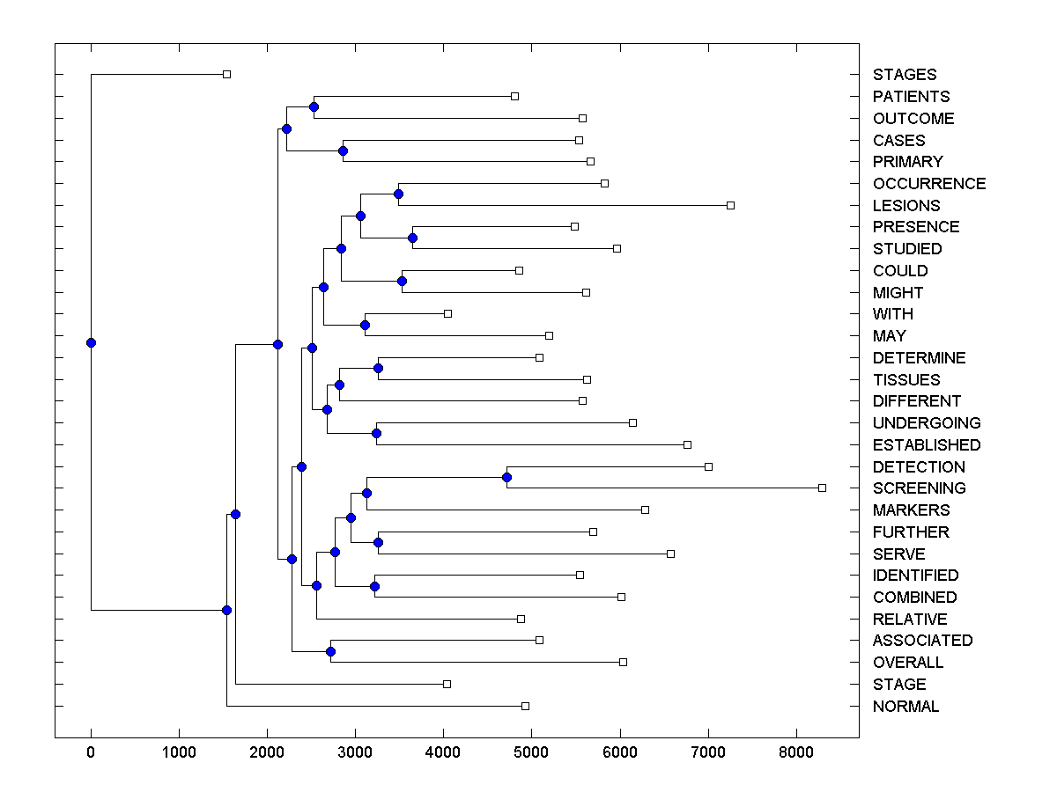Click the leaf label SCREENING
(919, 488)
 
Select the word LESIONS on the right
(906, 206)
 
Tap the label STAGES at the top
(905, 75)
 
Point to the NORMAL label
(905, 707)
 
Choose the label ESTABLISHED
(926, 445)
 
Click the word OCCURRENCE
(929, 184)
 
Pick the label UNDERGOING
(926, 423)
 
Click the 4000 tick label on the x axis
(443, 752)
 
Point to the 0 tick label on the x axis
(91, 752)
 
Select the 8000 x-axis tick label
(796, 752)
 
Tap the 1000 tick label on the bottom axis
(179, 752)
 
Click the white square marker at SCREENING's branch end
(822, 488)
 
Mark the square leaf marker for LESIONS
(730, 205)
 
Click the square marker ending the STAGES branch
(226, 74)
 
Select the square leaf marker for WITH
(447, 313)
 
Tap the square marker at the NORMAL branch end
(525, 706)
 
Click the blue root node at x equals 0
(91, 342)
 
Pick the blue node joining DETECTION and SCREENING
(506, 477)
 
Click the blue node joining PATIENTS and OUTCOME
(314, 106)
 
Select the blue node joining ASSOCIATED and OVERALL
(330, 651)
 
